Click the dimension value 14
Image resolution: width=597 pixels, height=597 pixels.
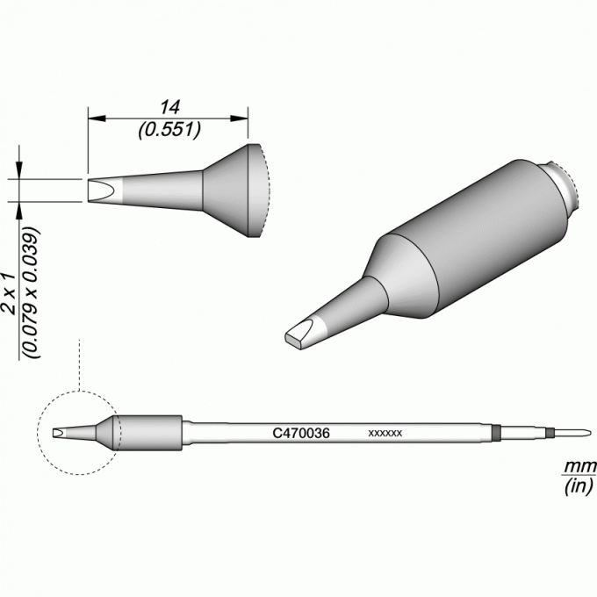(x=169, y=108)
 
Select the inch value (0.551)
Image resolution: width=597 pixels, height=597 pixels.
(x=169, y=130)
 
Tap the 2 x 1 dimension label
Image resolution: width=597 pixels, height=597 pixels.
(x=9, y=293)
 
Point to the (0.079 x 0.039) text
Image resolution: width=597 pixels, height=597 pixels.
(x=32, y=292)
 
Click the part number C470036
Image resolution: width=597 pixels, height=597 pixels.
(x=301, y=434)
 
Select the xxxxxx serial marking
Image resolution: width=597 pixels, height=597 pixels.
(x=385, y=434)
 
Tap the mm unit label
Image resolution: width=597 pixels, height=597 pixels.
(x=579, y=466)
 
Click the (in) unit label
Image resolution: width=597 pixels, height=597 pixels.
(x=579, y=486)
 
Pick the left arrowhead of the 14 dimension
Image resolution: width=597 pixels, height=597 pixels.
(x=97, y=119)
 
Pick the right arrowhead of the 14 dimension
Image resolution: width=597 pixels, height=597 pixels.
(x=240, y=119)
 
